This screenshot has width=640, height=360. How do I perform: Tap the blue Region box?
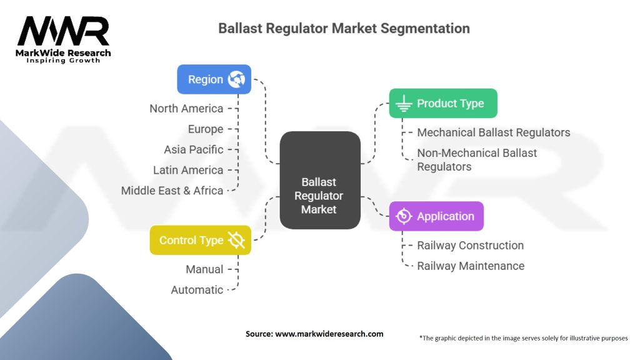(x=214, y=79)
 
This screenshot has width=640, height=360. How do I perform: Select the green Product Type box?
(x=443, y=103)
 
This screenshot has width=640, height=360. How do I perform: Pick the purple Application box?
(x=436, y=216)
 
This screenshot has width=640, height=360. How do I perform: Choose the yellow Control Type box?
(x=200, y=240)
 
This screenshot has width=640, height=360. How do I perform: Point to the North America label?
(x=186, y=109)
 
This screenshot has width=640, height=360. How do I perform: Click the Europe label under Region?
(x=206, y=129)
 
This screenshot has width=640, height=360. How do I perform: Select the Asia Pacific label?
(x=194, y=150)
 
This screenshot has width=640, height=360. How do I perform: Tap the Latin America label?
(x=188, y=170)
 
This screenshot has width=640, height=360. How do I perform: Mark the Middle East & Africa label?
(x=172, y=191)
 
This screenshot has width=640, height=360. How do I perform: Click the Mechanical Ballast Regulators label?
(x=494, y=132)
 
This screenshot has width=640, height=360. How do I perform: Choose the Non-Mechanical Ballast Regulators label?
(x=477, y=159)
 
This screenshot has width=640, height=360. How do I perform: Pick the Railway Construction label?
(x=471, y=246)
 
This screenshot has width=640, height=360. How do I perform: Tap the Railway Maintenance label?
(x=471, y=266)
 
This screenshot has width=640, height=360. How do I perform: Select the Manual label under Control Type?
(x=204, y=269)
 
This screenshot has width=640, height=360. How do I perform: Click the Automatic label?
(x=197, y=290)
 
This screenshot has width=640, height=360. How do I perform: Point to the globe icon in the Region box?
(x=237, y=79)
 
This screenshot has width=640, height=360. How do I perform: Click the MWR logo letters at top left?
(x=63, y=31)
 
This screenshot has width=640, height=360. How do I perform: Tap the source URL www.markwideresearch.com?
(x=329, y=334)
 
